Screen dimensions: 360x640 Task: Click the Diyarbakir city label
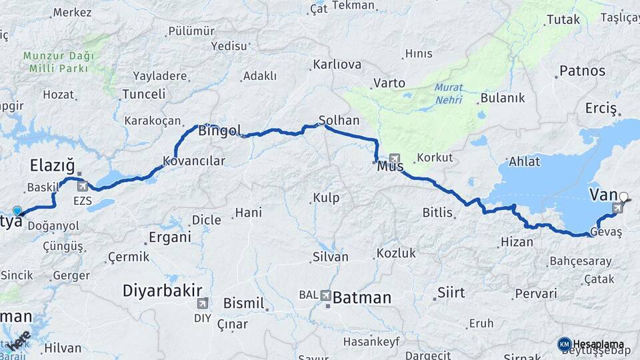162,291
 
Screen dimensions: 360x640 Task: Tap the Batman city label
361,298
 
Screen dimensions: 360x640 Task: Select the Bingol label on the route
219,131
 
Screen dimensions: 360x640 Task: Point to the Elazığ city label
51,165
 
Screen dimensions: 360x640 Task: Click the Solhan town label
339,121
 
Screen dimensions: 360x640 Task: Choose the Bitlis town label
437,213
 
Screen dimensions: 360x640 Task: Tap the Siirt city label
451,293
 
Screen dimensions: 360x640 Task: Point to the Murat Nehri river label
447,93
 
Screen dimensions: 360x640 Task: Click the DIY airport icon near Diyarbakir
202,303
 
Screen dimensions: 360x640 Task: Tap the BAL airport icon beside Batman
325,295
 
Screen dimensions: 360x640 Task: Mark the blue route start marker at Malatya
17,211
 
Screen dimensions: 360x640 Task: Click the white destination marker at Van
623,197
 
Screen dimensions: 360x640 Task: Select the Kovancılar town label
194,161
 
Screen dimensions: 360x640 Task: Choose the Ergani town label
169,237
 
